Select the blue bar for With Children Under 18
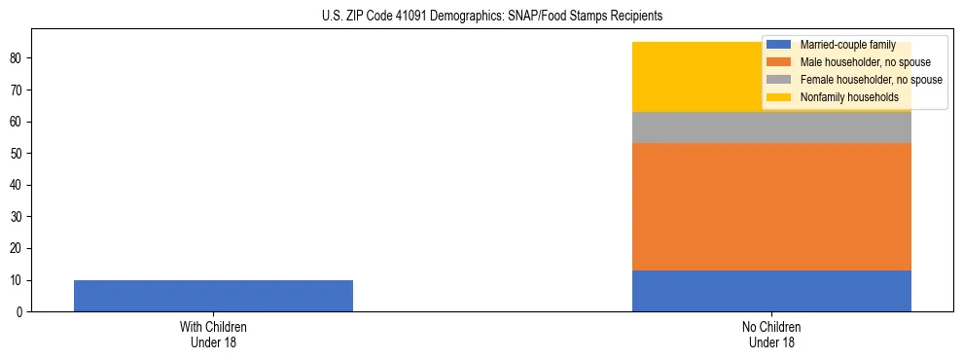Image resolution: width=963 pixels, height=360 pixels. pos(213,296)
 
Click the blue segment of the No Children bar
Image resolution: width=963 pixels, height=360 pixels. pos(771,291)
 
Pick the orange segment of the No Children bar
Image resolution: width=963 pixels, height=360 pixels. pos(771,206)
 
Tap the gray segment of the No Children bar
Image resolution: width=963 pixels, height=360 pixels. pos(771,127)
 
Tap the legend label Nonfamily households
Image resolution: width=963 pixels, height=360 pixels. pos(842,97)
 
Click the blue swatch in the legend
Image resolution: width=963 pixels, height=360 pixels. pos(778,45)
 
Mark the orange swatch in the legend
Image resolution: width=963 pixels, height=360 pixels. pos(778,62)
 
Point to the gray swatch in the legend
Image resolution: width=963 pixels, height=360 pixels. pos(778,80)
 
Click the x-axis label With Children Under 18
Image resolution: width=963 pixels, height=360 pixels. pos(213,335)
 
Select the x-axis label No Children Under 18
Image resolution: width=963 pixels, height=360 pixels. pos(771,335)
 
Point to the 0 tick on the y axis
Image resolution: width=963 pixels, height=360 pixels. pos(21,312)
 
